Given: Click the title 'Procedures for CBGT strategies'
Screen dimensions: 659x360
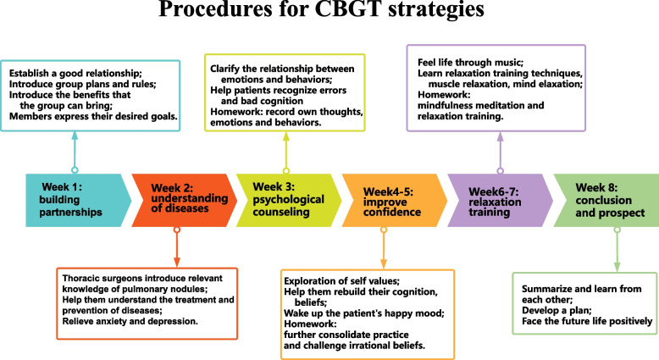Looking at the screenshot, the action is click(329, 14).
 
